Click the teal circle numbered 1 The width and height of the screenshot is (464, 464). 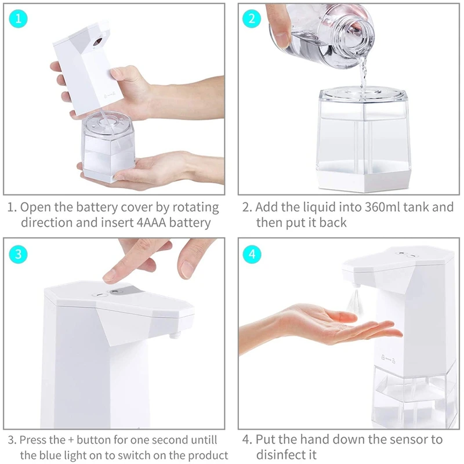(x=19, y=19)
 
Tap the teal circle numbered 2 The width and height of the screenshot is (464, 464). (x=252, y=19)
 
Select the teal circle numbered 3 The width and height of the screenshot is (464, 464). (x=19, y=254)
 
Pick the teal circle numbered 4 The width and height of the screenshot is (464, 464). (x=252, y=254)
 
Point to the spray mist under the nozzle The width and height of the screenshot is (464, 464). (x=355, y=301)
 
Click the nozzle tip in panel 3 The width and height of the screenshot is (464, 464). (x=175, y=335)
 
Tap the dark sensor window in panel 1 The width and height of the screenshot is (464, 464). (x=97, y=42)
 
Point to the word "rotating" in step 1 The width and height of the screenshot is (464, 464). (x=195, y=208)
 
